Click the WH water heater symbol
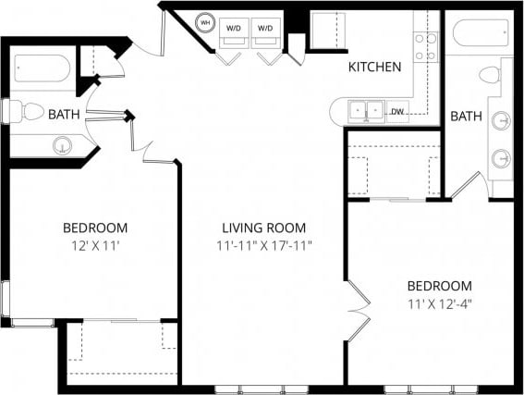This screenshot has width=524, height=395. coord(205,22)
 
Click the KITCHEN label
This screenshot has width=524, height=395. coord(374,68)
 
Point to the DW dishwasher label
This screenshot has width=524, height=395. coord(396,112)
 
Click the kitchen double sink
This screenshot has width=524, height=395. coord(367,111)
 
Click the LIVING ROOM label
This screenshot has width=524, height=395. coord(263,228)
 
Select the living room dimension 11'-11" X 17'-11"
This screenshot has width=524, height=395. coord(263,246)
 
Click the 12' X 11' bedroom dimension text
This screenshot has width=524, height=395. coord(95,246)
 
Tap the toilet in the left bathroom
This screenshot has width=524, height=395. coord(25,113)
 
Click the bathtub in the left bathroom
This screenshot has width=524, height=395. coord(42,68)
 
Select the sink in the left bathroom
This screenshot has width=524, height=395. coord(63,145)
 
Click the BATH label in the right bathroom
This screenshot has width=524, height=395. coord(466,117)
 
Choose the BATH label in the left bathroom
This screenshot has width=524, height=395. coord(64,115)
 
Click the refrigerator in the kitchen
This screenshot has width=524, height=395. coord(326,31)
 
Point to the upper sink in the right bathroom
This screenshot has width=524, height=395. coord(502,120)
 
